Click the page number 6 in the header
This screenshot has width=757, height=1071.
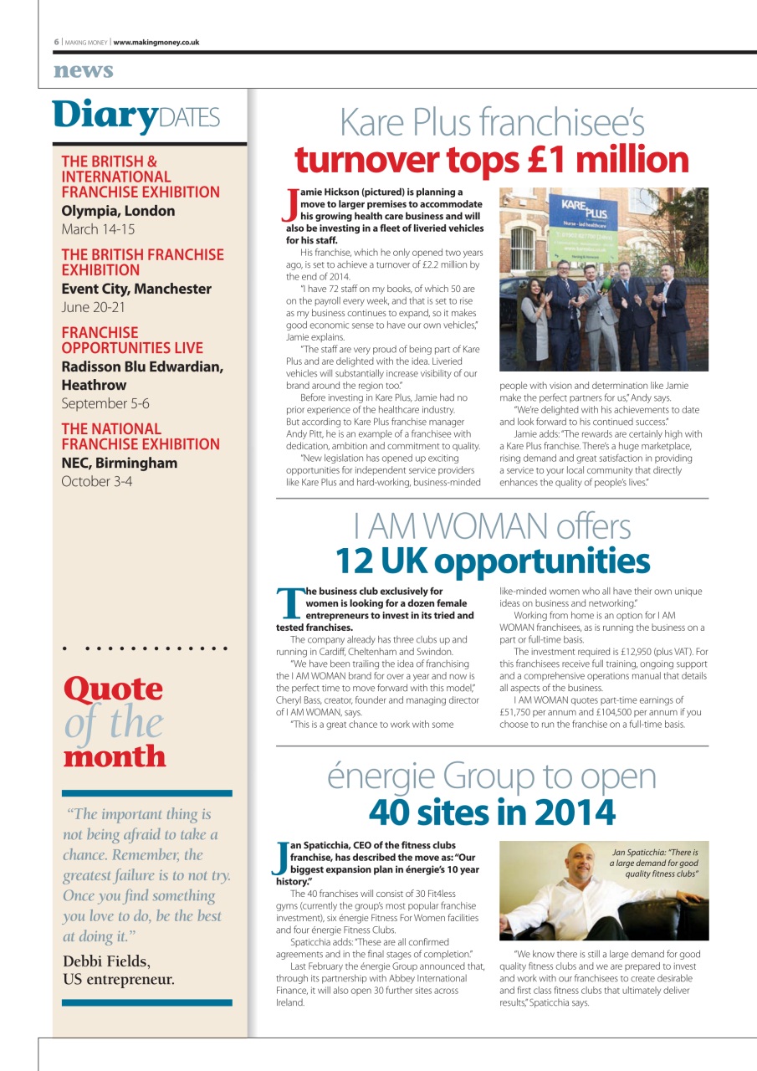pos(57,42)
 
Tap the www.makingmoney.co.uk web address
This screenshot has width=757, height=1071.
pos(156,42)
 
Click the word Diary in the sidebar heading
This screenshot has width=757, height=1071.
pos(104,115)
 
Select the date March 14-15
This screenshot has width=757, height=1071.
pos(98,229)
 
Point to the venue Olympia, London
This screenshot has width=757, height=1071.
pos(118,211)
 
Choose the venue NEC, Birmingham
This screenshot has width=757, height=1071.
pos(120,463)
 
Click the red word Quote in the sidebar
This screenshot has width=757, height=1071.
pos(113,689)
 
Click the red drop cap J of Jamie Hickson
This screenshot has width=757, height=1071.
pos(292,202)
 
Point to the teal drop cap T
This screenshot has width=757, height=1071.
pos(290,602)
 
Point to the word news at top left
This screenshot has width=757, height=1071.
pos(83,71)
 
